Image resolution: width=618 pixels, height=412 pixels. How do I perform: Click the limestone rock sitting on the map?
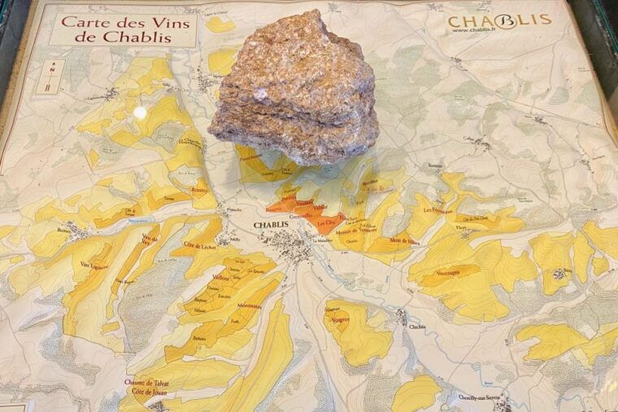click(295, 89)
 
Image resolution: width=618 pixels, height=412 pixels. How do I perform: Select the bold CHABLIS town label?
click(270, 225)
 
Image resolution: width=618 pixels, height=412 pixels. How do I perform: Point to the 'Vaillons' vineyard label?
click(221, 277)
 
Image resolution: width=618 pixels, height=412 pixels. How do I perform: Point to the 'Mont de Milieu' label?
click(404, 241)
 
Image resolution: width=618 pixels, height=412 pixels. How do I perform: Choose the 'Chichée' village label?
click(418, 326)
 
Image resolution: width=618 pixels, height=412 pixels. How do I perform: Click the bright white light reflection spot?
click(140, 112)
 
